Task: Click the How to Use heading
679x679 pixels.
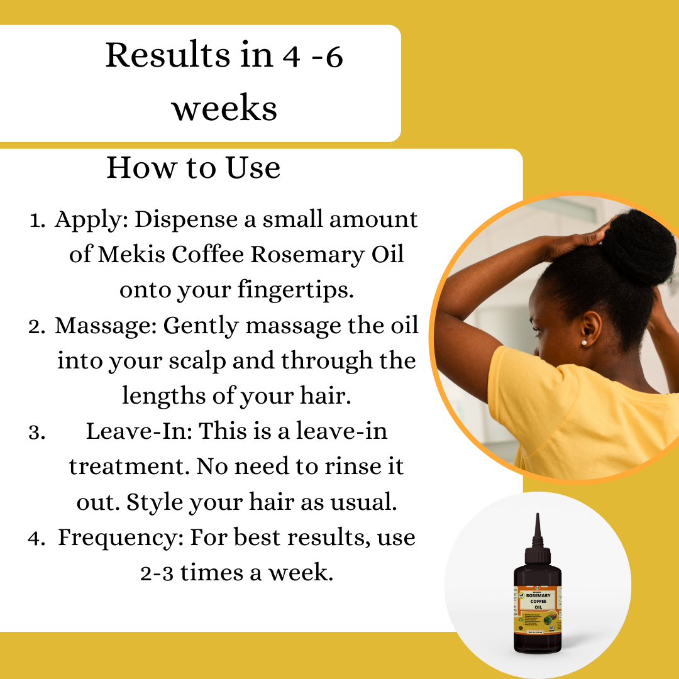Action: point(193,168)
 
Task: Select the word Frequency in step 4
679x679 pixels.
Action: point(119,538)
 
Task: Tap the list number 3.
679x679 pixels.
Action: point(35,433)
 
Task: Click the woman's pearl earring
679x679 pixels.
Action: point(584,343)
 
